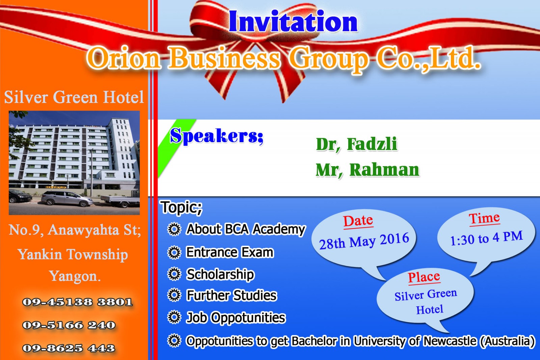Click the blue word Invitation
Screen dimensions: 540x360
(293, 22)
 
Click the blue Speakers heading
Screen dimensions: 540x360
(216, 136)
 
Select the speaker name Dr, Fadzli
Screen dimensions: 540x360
(356, 144)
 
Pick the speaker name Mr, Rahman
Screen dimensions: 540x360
(368, 170)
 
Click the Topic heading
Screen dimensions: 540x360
(182, 207)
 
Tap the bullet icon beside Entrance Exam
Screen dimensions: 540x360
(174, 252)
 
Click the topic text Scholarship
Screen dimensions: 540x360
(220, 274)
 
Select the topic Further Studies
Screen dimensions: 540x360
(232, 295)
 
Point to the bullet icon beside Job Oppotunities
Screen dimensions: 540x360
(174, 317)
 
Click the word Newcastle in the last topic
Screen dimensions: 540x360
(450, 341)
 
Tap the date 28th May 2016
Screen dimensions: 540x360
(364, 241)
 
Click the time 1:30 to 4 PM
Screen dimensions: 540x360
(486, 238)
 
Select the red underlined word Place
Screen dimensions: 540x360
(424, 277)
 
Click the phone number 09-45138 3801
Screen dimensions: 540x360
(77, 302)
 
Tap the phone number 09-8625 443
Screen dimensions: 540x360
(69, 348)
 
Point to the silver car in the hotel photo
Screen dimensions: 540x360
(67, 199)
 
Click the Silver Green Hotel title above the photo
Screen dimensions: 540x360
(74, 97)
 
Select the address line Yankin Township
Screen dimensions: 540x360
(73, 255)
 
